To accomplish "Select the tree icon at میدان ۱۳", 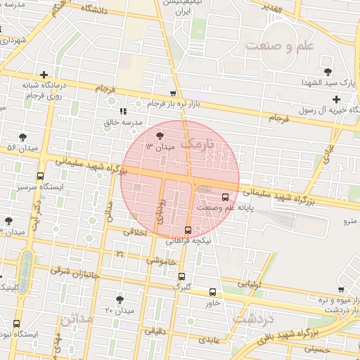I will click(x=160, y=136).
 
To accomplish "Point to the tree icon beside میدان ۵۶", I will click(x=23, y=136).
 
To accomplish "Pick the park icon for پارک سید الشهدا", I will click(x=328, y=71).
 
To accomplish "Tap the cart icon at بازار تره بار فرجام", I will click(x=173, y=94).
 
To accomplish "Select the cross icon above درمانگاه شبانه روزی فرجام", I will click(x=44, y=75).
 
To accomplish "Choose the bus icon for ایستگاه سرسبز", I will click(x=40, y=176).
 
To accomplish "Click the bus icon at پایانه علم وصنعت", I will click(x=225, y=197).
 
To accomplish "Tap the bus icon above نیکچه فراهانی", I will click(x=187, y=230).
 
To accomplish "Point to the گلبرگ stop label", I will click(x=181, y=288).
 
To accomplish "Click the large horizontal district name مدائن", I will click(x=75, y=319).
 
